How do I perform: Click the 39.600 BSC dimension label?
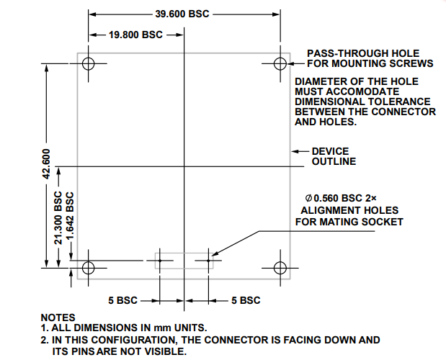182,14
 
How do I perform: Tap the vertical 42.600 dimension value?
46,165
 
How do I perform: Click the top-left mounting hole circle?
89,63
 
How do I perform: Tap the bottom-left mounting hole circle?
89,268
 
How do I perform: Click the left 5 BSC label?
124,300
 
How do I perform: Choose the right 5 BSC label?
246,300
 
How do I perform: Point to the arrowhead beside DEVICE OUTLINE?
294,151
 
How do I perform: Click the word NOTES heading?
58,318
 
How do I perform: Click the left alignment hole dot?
161,261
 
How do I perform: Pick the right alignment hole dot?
208,261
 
